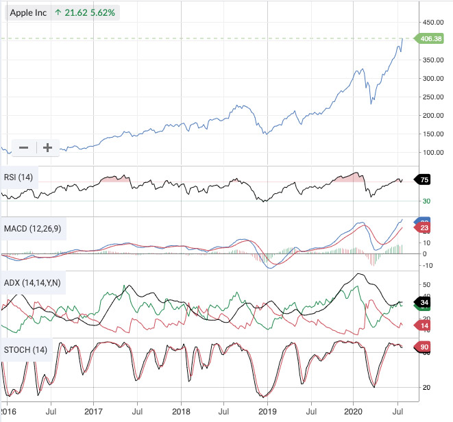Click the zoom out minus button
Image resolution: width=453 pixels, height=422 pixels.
[x=23, y=147]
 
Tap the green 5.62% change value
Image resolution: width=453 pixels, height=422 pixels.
[x=99, y=12]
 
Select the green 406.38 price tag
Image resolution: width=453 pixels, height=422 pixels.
[x=430, y=38]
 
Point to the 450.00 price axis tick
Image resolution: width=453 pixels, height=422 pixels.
[x=433, y=22]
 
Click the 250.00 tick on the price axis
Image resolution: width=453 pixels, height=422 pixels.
[x=433, y=97]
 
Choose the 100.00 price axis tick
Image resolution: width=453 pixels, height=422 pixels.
[x=433, y=152]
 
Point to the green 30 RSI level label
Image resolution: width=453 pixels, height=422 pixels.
[x=426, y=201]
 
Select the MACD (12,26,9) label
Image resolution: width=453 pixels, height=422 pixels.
[x=32, y=227]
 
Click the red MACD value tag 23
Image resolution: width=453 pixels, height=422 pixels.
[x=424, y=227]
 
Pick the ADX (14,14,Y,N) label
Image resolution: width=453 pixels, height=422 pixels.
[x=32, y=282]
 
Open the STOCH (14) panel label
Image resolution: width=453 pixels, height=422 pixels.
[x=25, y=351]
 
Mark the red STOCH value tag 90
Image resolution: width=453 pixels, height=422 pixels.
[x=424, y=347]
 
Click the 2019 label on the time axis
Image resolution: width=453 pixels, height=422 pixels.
[x=267, y=413]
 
